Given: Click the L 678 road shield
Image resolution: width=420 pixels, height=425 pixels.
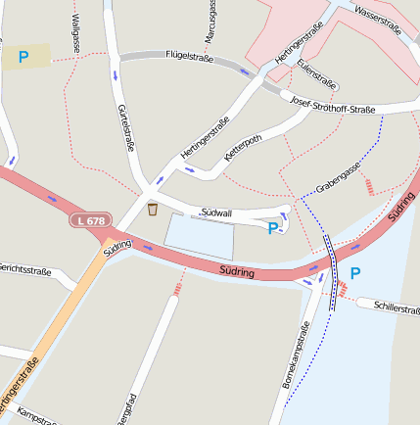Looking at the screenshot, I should click(89, 221).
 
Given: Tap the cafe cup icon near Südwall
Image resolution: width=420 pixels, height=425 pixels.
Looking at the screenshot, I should click(153, 209).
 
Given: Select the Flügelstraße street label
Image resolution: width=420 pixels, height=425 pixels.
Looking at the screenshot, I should click(189, 57).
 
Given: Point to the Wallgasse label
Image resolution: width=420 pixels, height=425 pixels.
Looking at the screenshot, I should click(75, 31).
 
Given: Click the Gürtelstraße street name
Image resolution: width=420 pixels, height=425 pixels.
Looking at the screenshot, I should click(125, 127).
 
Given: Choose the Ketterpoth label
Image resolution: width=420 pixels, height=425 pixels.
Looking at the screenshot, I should click(244, 149).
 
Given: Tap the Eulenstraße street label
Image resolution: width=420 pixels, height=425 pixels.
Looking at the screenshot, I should click(317, 74).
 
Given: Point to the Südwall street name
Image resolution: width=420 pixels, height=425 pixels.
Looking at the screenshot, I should click(215, 212).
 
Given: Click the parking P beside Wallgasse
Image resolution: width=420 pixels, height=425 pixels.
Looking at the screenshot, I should click(23, 57).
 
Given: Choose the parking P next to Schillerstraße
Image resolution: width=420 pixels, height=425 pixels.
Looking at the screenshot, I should click(355, 273).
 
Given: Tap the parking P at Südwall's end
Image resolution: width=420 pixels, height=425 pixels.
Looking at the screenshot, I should click(273, 229).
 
